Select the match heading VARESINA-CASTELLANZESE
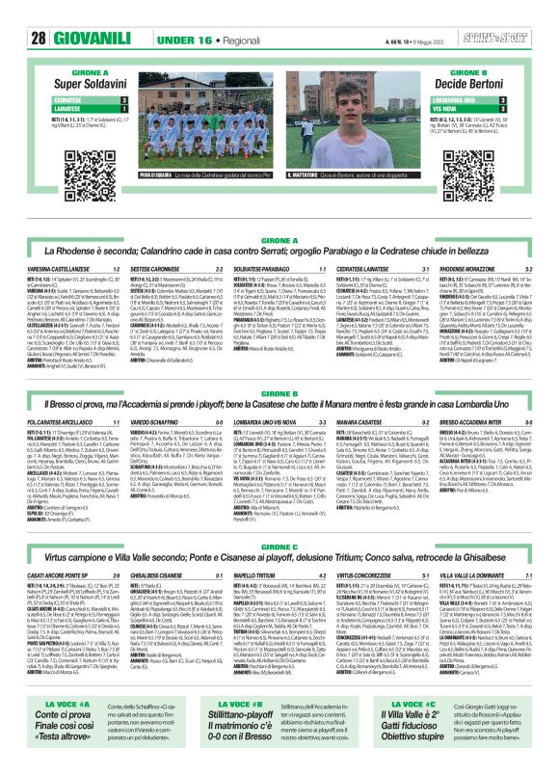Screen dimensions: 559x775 point(61,268)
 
